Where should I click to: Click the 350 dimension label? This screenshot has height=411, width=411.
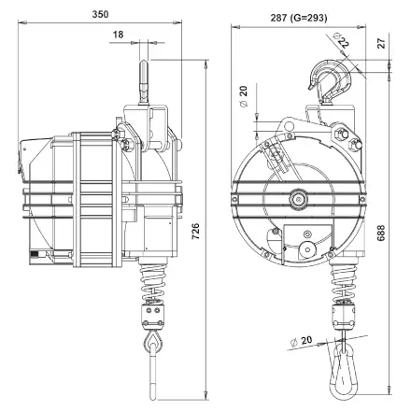100,14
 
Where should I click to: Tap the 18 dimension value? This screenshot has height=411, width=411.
118,35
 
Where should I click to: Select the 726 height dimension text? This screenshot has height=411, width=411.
195,231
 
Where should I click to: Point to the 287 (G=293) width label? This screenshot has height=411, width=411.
299,18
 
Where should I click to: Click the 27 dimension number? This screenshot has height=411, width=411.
381,43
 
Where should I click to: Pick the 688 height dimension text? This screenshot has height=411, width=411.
381,234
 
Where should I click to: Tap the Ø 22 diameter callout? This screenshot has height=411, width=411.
341,39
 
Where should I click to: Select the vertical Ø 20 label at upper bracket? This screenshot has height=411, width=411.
243,96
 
